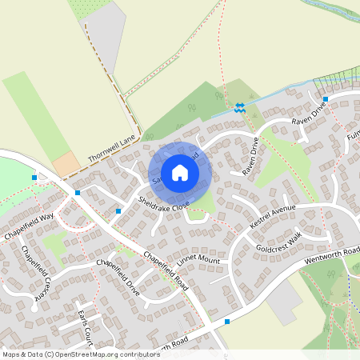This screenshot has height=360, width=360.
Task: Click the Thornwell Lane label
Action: [x=113, y=149]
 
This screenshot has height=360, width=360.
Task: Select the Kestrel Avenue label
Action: [x=272, y=216]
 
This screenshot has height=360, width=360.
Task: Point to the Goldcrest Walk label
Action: [x=278, y=243]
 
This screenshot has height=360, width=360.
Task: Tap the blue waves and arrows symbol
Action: [x=239, y=106]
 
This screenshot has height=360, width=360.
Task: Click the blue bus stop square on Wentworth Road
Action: [x=228, y=322]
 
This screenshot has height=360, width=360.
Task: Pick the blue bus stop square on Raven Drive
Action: [x=325, y=100]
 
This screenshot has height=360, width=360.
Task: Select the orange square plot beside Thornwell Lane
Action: [x=66, y=164]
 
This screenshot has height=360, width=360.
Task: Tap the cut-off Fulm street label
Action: [x=353, y=139]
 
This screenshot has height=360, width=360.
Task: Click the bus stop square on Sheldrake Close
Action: [x=118, y=210]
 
